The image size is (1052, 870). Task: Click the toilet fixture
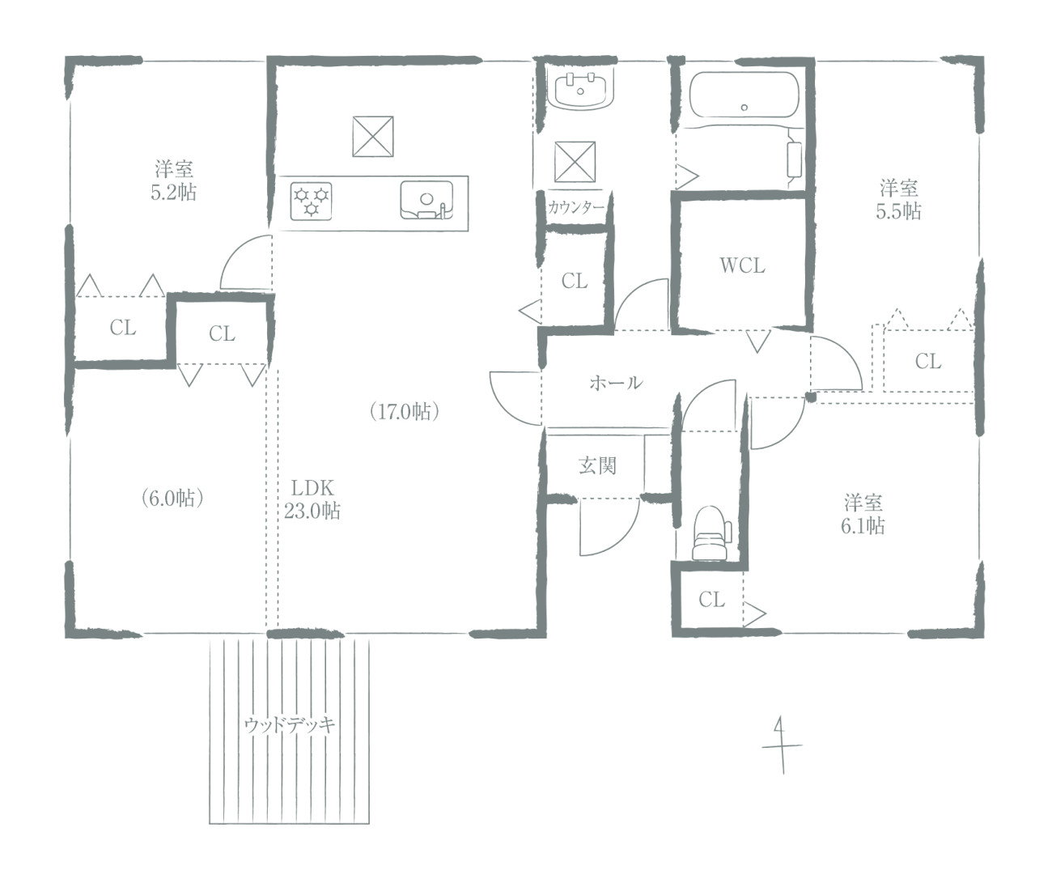pos(711,533)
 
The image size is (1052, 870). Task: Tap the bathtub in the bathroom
pos(744,95)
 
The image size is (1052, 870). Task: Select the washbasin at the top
pos(580,89)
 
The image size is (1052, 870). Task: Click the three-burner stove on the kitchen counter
pos(312,202)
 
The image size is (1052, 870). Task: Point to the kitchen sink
pos(426,200)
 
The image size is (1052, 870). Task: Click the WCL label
pos(742,265)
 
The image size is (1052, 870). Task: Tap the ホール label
pos(616,383)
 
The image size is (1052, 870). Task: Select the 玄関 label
pos(597,465)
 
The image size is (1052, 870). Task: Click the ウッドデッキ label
pos(289,725)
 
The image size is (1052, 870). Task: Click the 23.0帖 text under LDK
pos(312,511)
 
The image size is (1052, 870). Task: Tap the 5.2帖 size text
pos(173,192)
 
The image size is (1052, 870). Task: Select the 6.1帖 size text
pos(863,526)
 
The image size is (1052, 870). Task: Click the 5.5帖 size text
pos(898,211)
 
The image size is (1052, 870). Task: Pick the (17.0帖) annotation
pos(405,412)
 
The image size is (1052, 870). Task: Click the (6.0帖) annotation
pos(172,498)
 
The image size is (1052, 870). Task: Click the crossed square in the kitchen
pos(373,137)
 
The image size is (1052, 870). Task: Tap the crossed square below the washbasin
pos(575,162)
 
